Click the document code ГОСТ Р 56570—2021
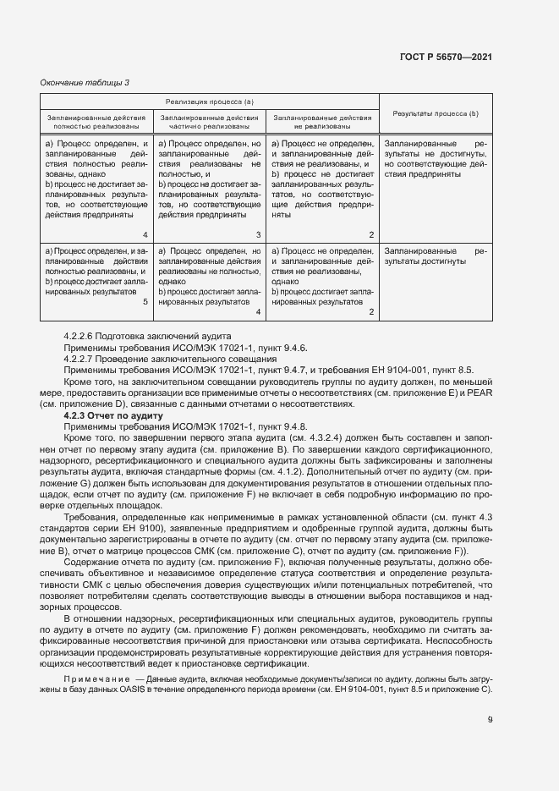445,57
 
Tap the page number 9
490,720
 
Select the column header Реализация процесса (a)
210,102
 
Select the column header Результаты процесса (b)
436,113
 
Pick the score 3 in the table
258,234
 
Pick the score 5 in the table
145,300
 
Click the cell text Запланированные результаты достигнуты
436,256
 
